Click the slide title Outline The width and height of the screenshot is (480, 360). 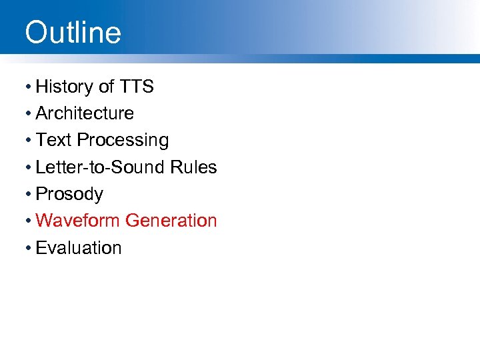click(x=73, y=32)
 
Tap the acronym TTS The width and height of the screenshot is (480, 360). click(x=137, y=87)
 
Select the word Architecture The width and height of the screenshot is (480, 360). click(x=85, y=113)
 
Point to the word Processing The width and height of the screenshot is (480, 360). click(x=123, y=141)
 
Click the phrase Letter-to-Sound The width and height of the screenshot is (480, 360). click(x=99, y=167)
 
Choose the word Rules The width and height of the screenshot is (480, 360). click(x=193, y=167)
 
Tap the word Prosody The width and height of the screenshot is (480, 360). click(x=69, y=195)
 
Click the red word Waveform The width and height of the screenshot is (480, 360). click(x=78, y=221)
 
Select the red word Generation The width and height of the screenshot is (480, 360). click(x=171, y=221)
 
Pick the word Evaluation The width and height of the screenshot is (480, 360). click(x=79, y=248)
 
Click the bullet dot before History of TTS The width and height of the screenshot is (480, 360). click(x=28, y=87)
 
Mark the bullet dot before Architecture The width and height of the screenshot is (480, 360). click(x=28, y=114)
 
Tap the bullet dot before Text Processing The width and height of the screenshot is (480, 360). click(x=28, y=141)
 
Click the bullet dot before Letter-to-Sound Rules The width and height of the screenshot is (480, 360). click(x=28, y=168)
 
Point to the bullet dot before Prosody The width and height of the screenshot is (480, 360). click(x=28, y=195)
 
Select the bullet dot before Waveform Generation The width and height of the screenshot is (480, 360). click(x=28, y=221)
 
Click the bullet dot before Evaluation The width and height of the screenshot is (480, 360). click(x=28, y=248)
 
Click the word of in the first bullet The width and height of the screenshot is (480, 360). click(x=107, y=87)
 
